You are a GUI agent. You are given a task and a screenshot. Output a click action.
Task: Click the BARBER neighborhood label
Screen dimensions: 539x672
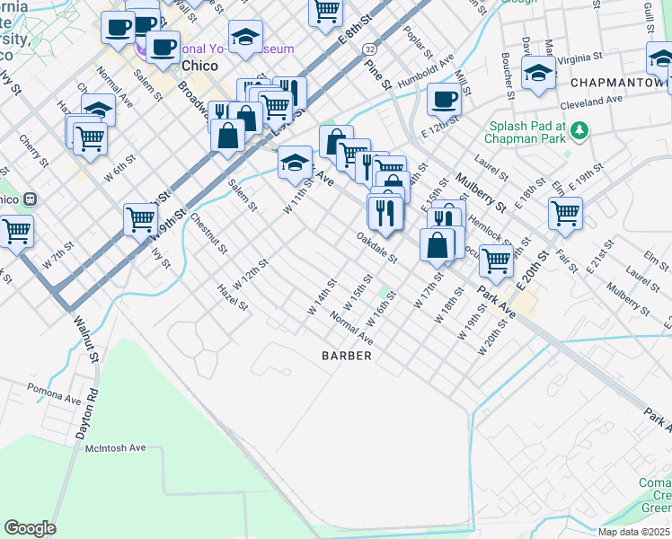click(x=347, y=356)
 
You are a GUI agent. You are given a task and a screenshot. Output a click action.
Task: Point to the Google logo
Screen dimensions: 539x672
click(x=30, y=528)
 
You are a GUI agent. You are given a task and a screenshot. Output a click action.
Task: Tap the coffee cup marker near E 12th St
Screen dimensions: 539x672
click(x=444, y=99)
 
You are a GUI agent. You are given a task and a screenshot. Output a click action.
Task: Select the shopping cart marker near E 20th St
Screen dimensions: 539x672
click(x=565, y=213)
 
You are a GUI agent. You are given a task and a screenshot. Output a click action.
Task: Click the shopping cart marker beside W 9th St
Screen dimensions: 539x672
click(x=141, y=217)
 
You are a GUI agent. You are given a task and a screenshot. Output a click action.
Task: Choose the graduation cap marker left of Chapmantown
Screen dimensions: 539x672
click(x=538, y=73)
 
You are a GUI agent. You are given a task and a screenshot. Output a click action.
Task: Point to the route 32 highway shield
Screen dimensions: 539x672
click(x=370, y=46)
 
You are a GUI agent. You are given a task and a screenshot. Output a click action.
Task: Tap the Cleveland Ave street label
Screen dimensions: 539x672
click(x=591, y=102)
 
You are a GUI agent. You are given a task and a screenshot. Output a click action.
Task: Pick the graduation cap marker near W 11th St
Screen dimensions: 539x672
click(x=294, y=163)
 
